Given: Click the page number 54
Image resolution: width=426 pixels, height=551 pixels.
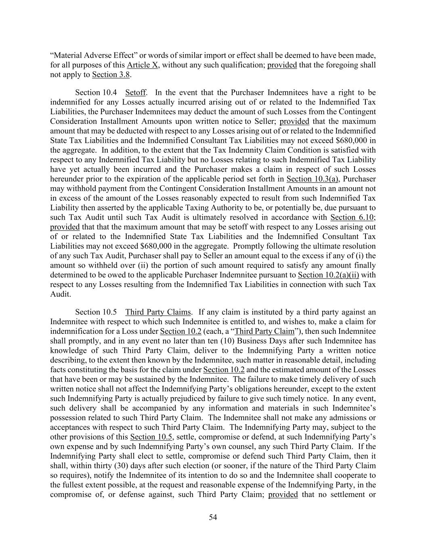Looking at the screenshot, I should click(x=213, y=517).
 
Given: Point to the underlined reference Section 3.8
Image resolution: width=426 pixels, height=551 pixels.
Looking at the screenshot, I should click(x=110, y=75).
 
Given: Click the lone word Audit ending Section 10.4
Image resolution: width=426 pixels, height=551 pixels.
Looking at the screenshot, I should click(x=60, y=294).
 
